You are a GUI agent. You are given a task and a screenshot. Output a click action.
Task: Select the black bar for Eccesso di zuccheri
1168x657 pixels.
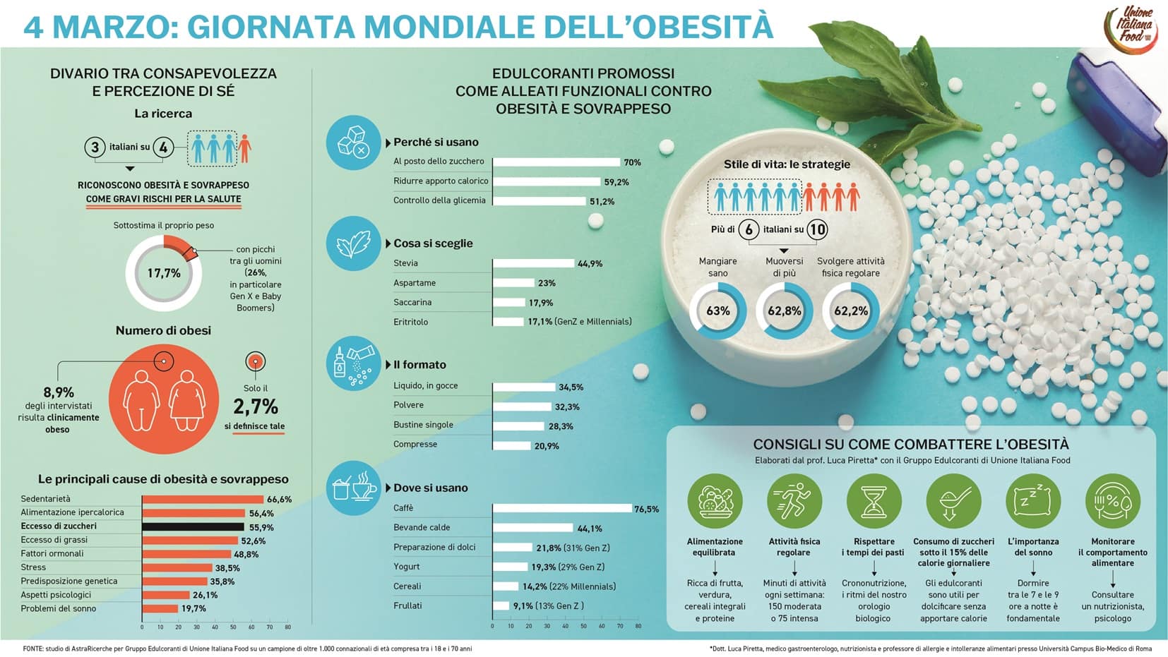coord(193,526)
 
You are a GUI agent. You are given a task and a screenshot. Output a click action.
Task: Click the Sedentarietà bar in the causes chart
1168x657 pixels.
coord(203,499)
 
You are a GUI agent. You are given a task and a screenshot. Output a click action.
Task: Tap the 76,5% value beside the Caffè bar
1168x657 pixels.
coord(646,509)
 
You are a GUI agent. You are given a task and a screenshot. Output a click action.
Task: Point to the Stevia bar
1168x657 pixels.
coord(533,263)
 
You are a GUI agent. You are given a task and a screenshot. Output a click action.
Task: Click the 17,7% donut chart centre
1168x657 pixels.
coord(164,273)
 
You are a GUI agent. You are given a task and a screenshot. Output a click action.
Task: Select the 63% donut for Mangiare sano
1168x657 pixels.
coord(717,311)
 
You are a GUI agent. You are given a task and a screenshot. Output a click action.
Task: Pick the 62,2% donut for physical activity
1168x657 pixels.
coord(850,311)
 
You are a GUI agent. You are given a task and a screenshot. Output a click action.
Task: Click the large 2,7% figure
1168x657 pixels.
coord(256,406)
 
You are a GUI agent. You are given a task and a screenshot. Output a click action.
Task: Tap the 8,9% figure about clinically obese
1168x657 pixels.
coord(59,392)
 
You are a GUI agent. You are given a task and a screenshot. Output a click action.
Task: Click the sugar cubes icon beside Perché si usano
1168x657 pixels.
coord(353,143)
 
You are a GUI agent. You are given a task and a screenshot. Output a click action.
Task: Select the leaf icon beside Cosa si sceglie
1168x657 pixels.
coord(353,243)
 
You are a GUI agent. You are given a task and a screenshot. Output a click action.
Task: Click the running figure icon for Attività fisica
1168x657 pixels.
coord(794,500)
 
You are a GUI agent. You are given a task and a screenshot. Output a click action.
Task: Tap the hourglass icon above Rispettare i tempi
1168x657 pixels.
coord(874,500)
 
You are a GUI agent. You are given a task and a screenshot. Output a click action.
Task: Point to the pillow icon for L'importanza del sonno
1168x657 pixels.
coord(1032,500)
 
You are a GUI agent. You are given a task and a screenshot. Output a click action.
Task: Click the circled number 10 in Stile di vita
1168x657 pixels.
coord(817,229)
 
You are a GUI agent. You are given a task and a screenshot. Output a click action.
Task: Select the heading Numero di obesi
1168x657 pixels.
coord(163,330)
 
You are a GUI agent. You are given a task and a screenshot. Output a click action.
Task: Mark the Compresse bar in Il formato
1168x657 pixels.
coord(511,445)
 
